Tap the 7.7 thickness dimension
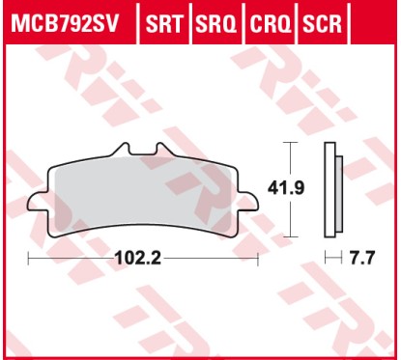point(360,259)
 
